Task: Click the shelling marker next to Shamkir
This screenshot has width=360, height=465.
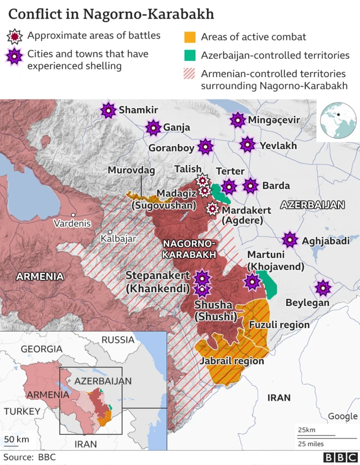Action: pos(107,110)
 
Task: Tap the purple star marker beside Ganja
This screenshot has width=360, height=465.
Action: pos(152,128)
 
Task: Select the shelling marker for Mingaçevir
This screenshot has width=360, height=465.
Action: pos(238,120)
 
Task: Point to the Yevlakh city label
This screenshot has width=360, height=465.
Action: pos(278,146)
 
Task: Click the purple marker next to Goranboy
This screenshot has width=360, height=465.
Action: pos(205,147)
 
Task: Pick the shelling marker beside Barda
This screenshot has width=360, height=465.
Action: pos(250,185)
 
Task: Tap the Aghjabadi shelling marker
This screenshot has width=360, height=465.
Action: pos(290,240)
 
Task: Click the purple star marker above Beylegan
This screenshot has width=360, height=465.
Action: pos(322,288)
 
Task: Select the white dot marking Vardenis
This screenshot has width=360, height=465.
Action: pos(73,214)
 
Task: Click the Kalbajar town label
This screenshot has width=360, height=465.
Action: pos(118,239)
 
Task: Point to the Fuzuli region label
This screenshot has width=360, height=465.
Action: pos(279,325)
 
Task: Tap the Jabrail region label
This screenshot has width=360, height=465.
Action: pos(231,361)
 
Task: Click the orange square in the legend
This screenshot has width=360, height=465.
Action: pos(190,37)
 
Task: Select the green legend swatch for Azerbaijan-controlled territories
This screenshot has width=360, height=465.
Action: pos(190,56)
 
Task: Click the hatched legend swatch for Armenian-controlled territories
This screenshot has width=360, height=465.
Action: pos(190,74)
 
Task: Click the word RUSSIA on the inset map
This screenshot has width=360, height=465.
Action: pos(118,340)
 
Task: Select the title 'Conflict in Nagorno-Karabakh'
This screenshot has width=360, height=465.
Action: pos(111,14)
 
